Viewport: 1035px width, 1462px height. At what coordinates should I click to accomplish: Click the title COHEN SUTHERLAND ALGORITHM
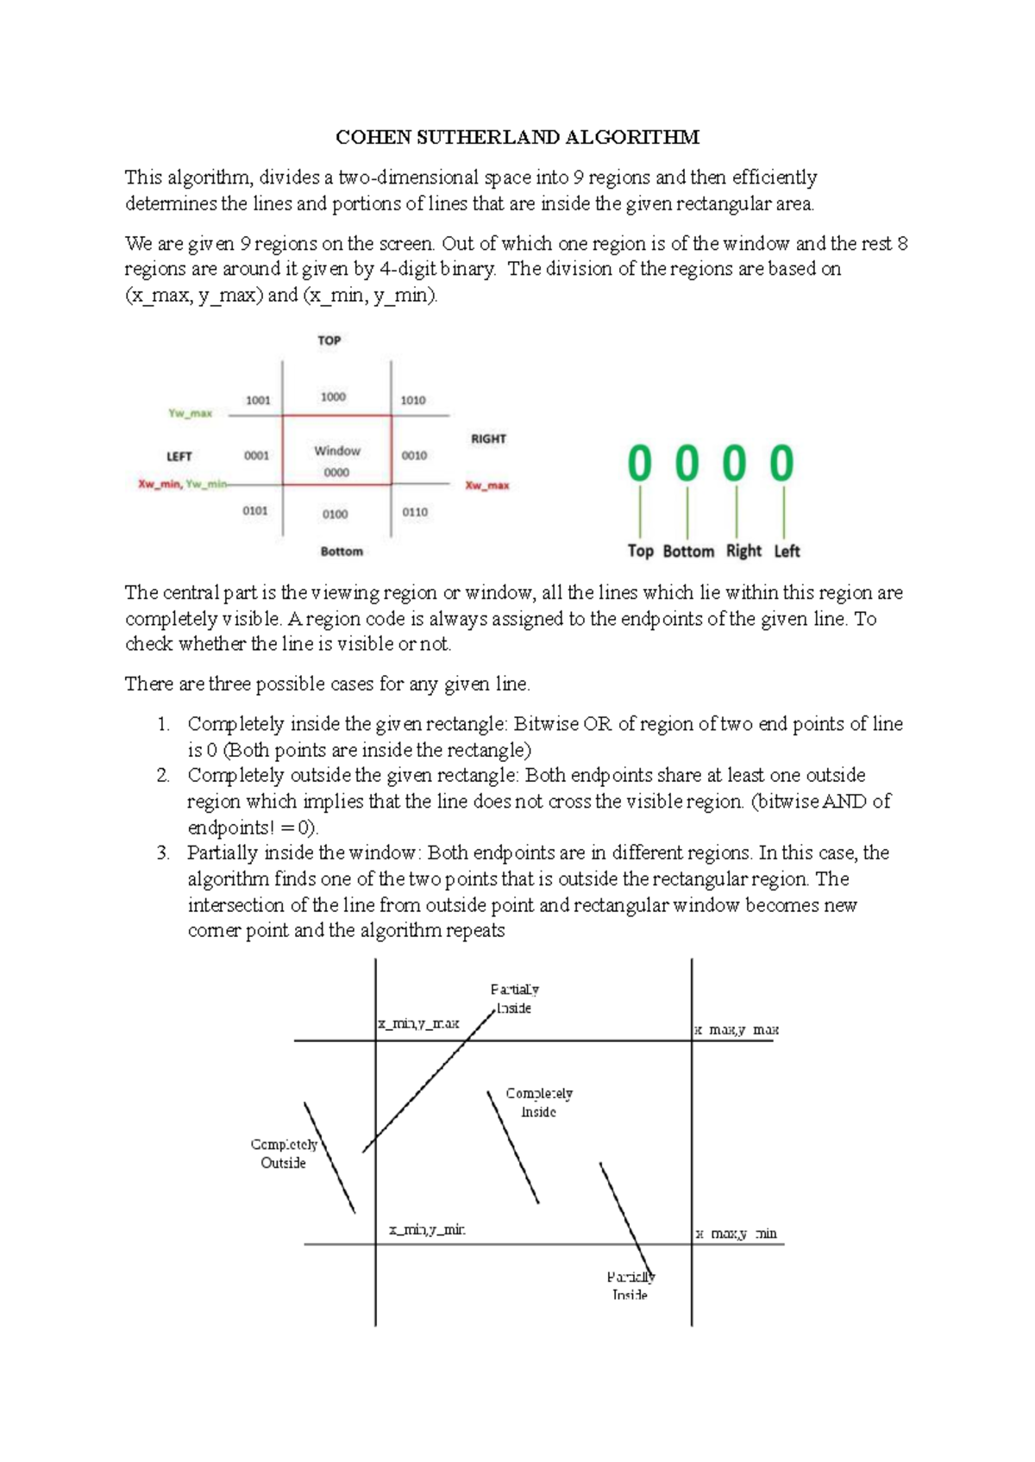pos(517,138)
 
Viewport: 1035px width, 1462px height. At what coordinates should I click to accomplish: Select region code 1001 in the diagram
pos(258,400)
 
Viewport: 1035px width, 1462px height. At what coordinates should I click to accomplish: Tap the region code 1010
pos(413,400)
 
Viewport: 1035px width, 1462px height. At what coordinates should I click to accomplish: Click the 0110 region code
pos(415,512)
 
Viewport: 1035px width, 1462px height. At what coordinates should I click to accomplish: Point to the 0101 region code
pos(255,511)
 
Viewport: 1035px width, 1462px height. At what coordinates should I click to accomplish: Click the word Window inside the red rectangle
pos(337,451)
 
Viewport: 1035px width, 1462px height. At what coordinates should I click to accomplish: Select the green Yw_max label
pos(190,414)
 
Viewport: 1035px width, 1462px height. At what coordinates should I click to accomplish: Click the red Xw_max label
pos(487,485)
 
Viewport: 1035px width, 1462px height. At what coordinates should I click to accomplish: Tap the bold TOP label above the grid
pos(329,341)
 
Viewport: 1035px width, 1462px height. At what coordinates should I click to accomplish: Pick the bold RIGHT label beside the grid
pos(488,439)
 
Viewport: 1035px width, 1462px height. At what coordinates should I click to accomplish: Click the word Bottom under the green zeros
pos(688,551)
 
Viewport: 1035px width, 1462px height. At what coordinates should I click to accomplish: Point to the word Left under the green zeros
pos(787,551)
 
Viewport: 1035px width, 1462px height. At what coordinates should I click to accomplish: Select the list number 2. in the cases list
pos(163,776)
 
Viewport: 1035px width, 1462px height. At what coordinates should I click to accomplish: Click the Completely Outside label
pos(284,1153)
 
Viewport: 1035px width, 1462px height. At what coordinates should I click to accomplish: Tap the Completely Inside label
pos(539,1103)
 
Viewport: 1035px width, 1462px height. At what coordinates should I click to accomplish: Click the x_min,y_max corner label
pos(418,1024)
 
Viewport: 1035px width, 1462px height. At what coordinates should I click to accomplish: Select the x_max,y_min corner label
pos(737,1234)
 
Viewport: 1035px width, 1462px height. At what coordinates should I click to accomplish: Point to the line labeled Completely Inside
pos(513,1147)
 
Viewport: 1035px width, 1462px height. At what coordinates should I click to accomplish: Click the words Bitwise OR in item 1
pos(562,724)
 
